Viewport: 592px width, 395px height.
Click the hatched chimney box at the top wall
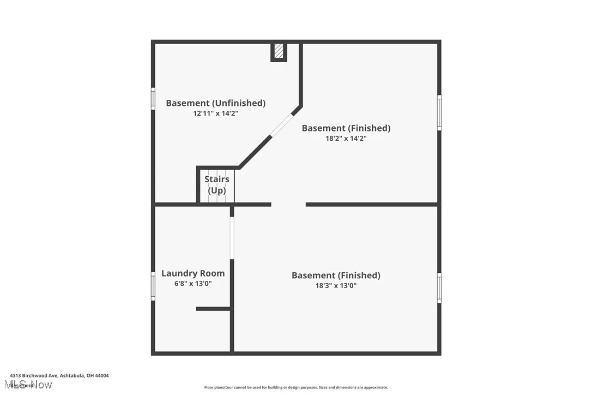coord(279,51)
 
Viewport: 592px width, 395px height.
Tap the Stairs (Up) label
coord(217,185)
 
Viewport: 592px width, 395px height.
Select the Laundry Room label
coord(193,273)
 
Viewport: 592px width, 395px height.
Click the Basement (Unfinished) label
coord(216,103)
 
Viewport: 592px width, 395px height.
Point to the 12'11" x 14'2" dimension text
coord(216,113)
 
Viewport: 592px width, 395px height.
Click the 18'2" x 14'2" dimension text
coord(346,139)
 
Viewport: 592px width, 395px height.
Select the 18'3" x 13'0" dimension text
coord(336,285)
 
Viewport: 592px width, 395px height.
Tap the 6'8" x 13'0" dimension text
coord(193,284)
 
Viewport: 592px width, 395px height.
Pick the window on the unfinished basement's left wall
coord(153,99)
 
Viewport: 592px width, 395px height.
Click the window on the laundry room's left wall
coord(153,286)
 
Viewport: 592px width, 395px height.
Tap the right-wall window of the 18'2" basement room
coord(439,113)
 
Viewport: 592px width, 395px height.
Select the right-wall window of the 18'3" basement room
coord(439,288)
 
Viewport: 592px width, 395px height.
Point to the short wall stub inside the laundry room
coord(213,309)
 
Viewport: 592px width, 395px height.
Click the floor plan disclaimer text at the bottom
coord(296,387)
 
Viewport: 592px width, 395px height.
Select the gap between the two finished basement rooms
coord(288,205)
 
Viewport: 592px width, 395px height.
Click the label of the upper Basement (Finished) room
coord(346,128)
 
